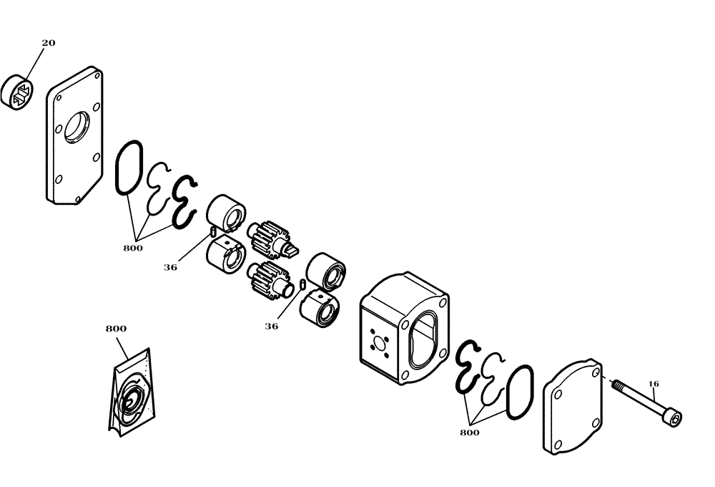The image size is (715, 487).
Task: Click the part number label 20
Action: pyautogui.click(x=48, y=43)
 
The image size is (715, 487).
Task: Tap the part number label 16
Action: pyautogui.click(x=654, y=384)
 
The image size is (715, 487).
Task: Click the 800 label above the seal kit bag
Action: pyautogui.click(x=116, y=329)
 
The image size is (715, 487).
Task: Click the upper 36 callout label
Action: pyautogui.click(x=170, y=267)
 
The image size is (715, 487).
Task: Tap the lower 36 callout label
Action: pyautogui.click(x=271, y=326)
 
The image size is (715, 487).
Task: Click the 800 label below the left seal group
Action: pyautogui.click(x=133, y=248)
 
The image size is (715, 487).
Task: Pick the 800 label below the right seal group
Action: pyautogui.click(x=470, y=433)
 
